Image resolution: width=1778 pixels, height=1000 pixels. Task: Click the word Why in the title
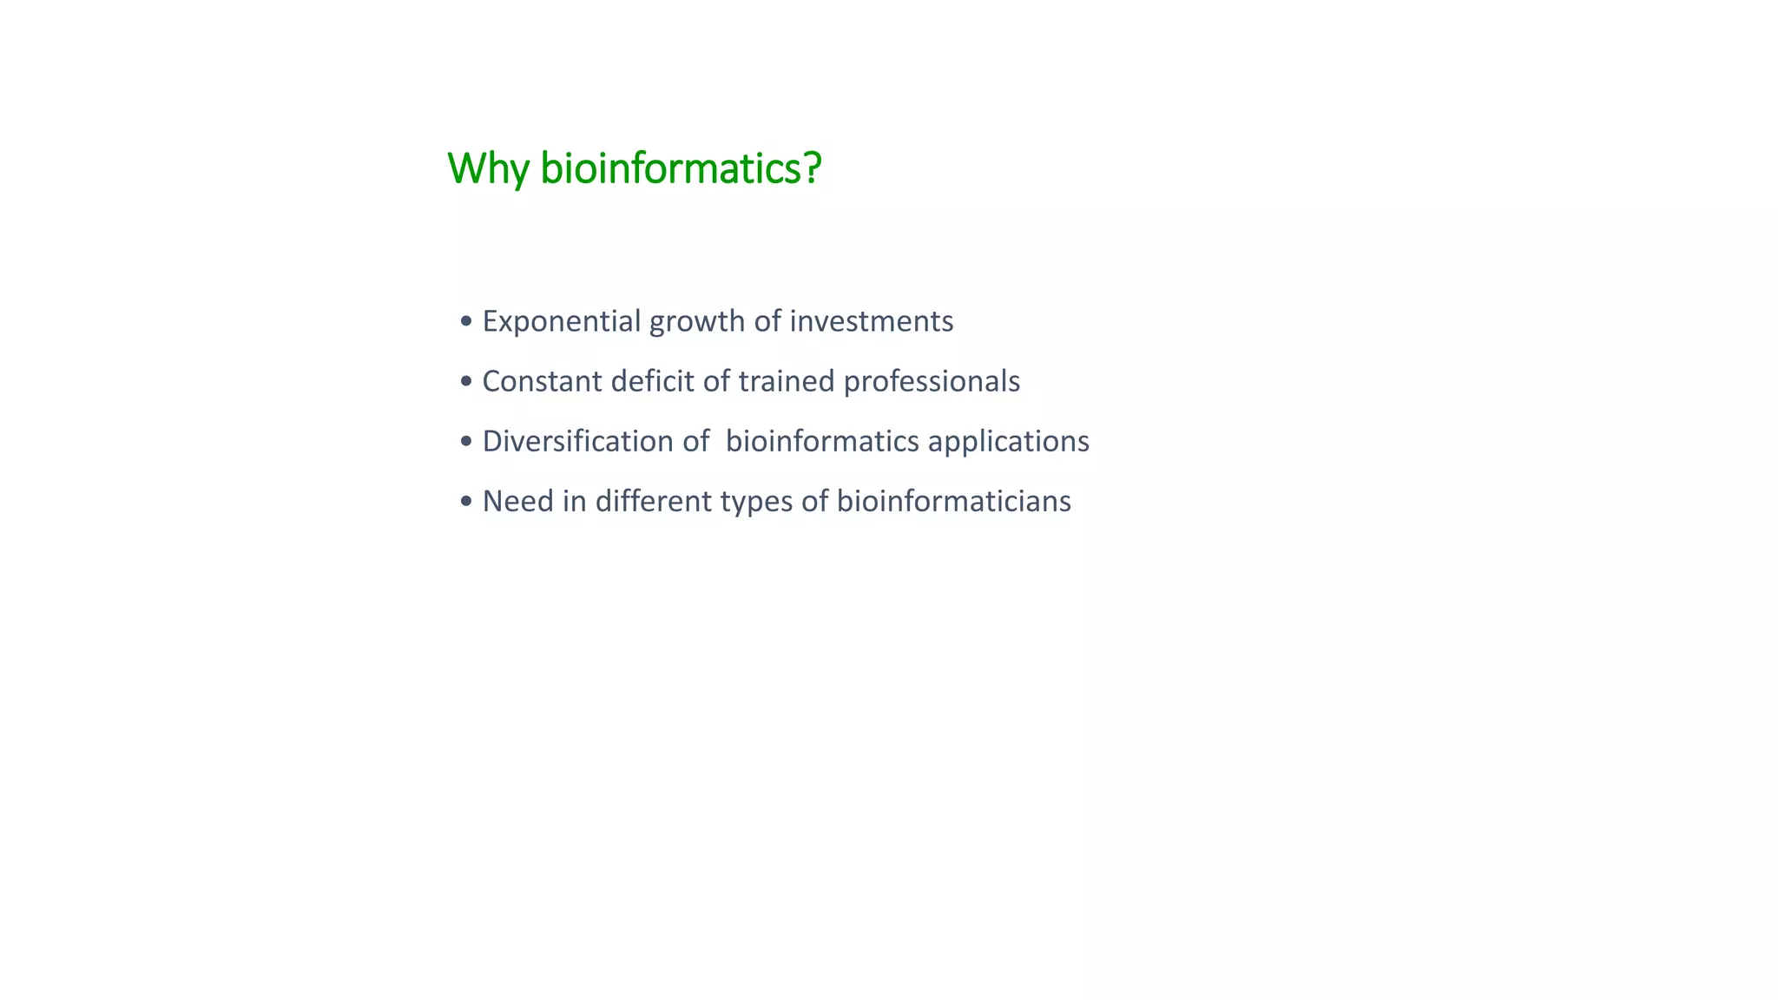[x=487, y=168]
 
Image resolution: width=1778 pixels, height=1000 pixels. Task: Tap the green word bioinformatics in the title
[x=671, y=168]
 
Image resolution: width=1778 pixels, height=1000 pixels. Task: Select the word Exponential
[x=561, y=322]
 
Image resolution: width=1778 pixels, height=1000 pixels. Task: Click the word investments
[x=871, y=321]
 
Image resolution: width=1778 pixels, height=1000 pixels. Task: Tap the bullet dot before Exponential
[x=466, y=322]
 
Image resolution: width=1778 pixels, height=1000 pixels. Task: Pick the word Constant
[x=542, y=381]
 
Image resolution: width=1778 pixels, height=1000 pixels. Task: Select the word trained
[x=787, y=381]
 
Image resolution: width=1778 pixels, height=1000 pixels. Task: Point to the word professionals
[x=932, y=382]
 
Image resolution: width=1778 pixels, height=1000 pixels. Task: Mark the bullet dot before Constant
[x=466, y=382]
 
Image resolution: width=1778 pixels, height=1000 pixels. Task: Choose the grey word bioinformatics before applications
[x=822, y=441]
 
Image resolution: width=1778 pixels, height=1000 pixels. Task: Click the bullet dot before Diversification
[x=466, y=442]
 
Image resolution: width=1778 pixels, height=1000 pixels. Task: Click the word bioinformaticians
[x=953, y=501]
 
